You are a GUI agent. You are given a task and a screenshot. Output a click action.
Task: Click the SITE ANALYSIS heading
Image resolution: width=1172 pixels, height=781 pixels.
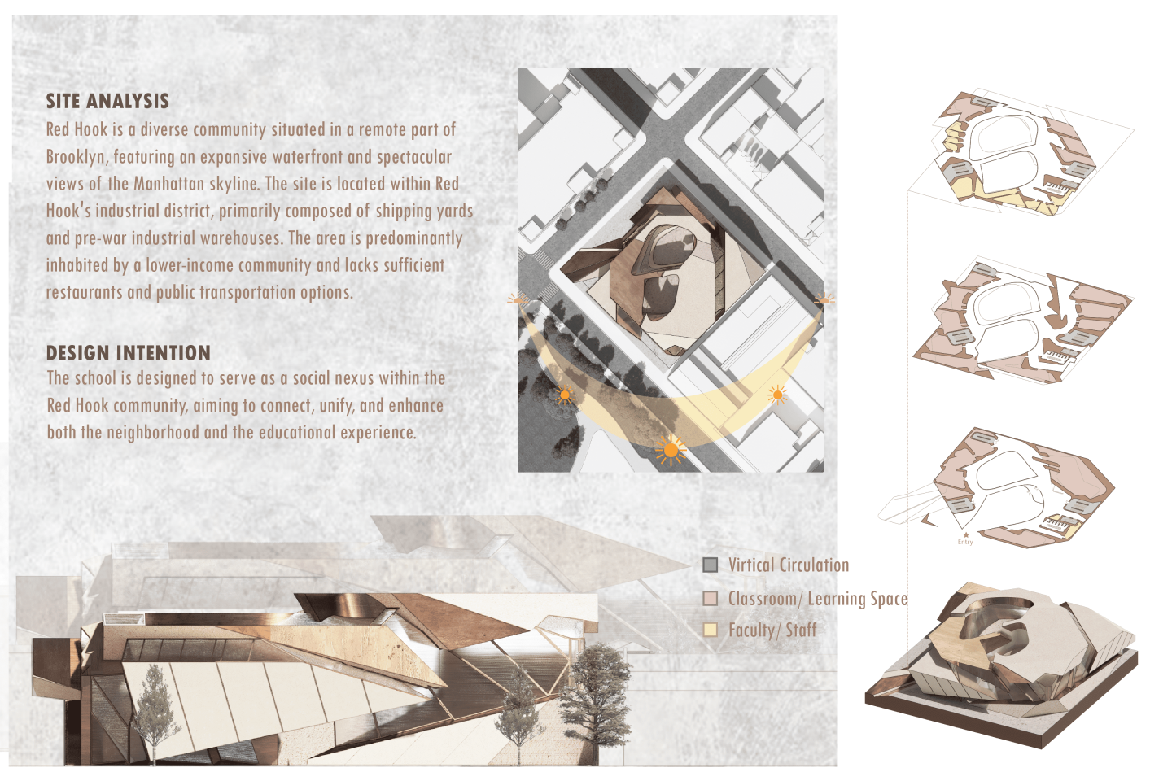click(x=107, y=101)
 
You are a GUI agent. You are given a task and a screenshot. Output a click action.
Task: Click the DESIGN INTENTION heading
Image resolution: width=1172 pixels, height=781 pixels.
click(x=129, y=352)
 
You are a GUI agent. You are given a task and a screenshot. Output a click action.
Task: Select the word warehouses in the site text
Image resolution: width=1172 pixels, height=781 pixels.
click(x=241, y=238)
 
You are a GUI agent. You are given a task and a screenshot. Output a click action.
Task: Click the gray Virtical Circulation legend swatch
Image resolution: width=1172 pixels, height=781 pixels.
click(x=710, y=565)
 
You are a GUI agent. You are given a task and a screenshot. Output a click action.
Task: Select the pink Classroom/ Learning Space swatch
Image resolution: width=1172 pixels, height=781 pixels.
click(x=710, y=598)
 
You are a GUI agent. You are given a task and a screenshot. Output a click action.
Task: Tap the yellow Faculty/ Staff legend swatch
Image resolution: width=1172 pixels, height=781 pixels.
click(x=710, y=630)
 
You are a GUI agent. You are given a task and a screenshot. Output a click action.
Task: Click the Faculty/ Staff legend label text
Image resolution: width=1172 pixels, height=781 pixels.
click(x=772, y=630)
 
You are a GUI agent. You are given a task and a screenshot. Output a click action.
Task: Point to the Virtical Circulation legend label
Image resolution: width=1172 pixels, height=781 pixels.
click(x=789, y=565)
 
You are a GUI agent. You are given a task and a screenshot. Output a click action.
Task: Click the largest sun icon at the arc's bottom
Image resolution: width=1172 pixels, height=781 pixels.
click(x=671, y=450)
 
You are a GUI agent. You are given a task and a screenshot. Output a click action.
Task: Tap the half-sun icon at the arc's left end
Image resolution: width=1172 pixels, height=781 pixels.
click(x=518, y=299)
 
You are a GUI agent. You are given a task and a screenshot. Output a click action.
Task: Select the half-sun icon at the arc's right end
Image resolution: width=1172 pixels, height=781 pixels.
click(x=824, y=299)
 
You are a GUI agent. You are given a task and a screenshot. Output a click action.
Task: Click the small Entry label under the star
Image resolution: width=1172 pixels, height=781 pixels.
click(x=965, y=543)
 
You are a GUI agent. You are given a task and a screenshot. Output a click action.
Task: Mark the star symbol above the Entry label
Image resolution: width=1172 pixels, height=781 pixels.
click(x=966, y=534)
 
